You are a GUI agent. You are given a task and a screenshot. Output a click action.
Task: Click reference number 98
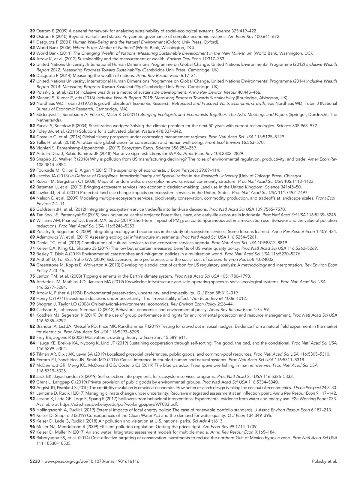[32, 438]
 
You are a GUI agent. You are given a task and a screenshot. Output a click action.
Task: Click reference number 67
[32, 220]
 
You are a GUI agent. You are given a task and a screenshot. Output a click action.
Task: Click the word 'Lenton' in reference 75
[43, 276]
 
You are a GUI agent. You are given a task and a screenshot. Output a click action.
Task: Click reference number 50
[32, 103]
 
